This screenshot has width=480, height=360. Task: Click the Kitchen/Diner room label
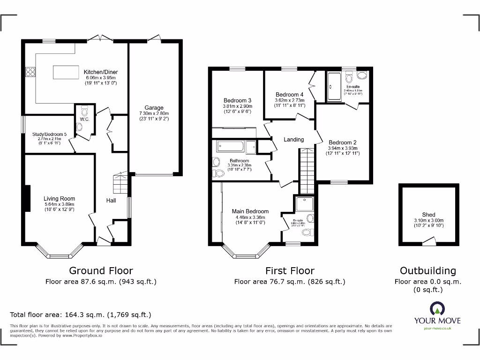tap(101, 72)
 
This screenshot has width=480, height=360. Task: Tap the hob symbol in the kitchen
tap(30, 72)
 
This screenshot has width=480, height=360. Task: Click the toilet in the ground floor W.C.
tap(84, 111)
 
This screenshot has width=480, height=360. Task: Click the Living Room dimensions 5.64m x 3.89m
tap(60, 205)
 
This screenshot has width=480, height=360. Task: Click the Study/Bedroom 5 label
tap(50, 134)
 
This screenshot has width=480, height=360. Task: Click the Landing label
tap(294, 139)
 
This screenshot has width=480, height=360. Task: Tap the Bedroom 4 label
tap(289, 95)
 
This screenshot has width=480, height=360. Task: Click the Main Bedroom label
tap(250, 211)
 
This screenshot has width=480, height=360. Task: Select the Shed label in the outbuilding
tap(428, 215)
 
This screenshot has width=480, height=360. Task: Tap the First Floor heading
tap(289, 270)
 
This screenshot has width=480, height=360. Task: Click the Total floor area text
tap(81, 315)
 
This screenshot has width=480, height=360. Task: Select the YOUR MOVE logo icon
tap(437, 308)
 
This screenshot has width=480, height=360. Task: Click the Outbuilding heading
tap(427, 270)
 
